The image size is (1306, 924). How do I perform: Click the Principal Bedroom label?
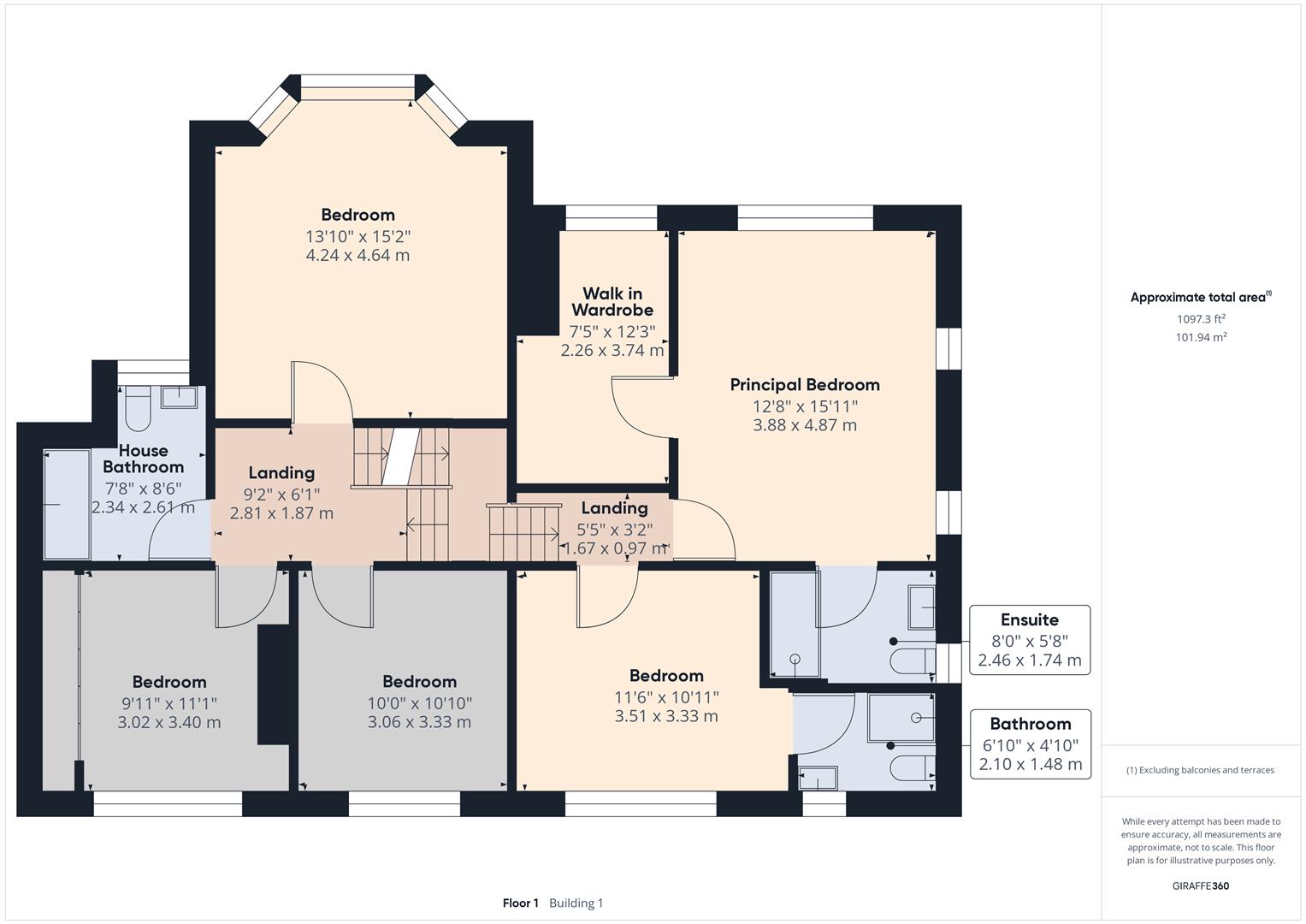[805, 385]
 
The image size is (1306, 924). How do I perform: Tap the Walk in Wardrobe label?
[612, 301]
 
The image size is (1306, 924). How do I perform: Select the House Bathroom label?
[144, 459]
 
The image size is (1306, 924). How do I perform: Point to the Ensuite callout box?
[1030, 640]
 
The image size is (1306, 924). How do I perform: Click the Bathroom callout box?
[1031, 743]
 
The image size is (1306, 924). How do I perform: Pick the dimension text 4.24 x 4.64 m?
[358, 255]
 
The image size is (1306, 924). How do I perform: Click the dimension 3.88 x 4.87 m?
[805, 424]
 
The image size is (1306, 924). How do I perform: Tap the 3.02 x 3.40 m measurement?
[169, 722]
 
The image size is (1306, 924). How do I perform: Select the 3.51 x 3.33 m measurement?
[666, 716]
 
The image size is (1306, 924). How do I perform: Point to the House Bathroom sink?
[179, 397]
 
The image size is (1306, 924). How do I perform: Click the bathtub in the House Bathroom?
[67, 505]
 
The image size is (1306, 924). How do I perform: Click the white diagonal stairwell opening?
[400, 456]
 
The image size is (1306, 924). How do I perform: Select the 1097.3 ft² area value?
[1201, 318]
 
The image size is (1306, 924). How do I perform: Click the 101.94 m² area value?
[1201, 336]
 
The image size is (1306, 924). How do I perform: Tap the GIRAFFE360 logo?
[1201, 885]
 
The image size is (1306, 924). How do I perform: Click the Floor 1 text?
[521, 903]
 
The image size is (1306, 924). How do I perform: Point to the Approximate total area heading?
[1201, 297]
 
